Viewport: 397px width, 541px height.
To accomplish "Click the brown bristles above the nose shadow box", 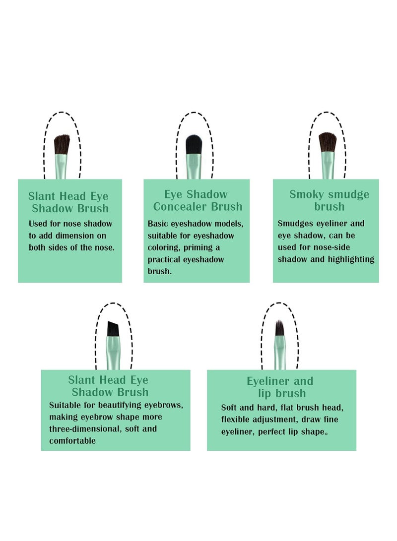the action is (62, 144).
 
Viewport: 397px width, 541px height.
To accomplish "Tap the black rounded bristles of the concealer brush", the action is (194, 145).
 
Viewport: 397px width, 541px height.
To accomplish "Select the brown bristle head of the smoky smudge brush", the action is (327, 142).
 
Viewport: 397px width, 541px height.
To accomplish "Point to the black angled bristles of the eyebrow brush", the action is (113, 329).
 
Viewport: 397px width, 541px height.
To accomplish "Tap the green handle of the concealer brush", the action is (194, 167).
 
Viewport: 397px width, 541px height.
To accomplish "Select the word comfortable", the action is (72, 441).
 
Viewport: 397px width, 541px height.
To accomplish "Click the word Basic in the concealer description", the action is (158, 224).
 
